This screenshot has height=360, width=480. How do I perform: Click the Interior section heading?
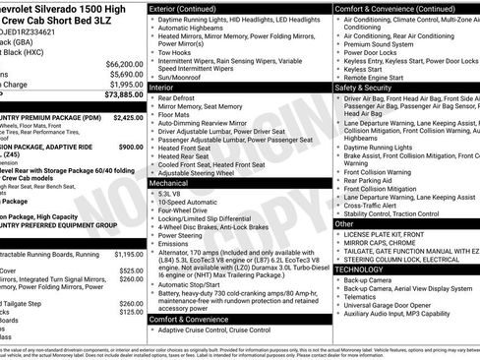(x=162, y=87)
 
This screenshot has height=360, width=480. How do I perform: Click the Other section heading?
(x=344, y=224)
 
